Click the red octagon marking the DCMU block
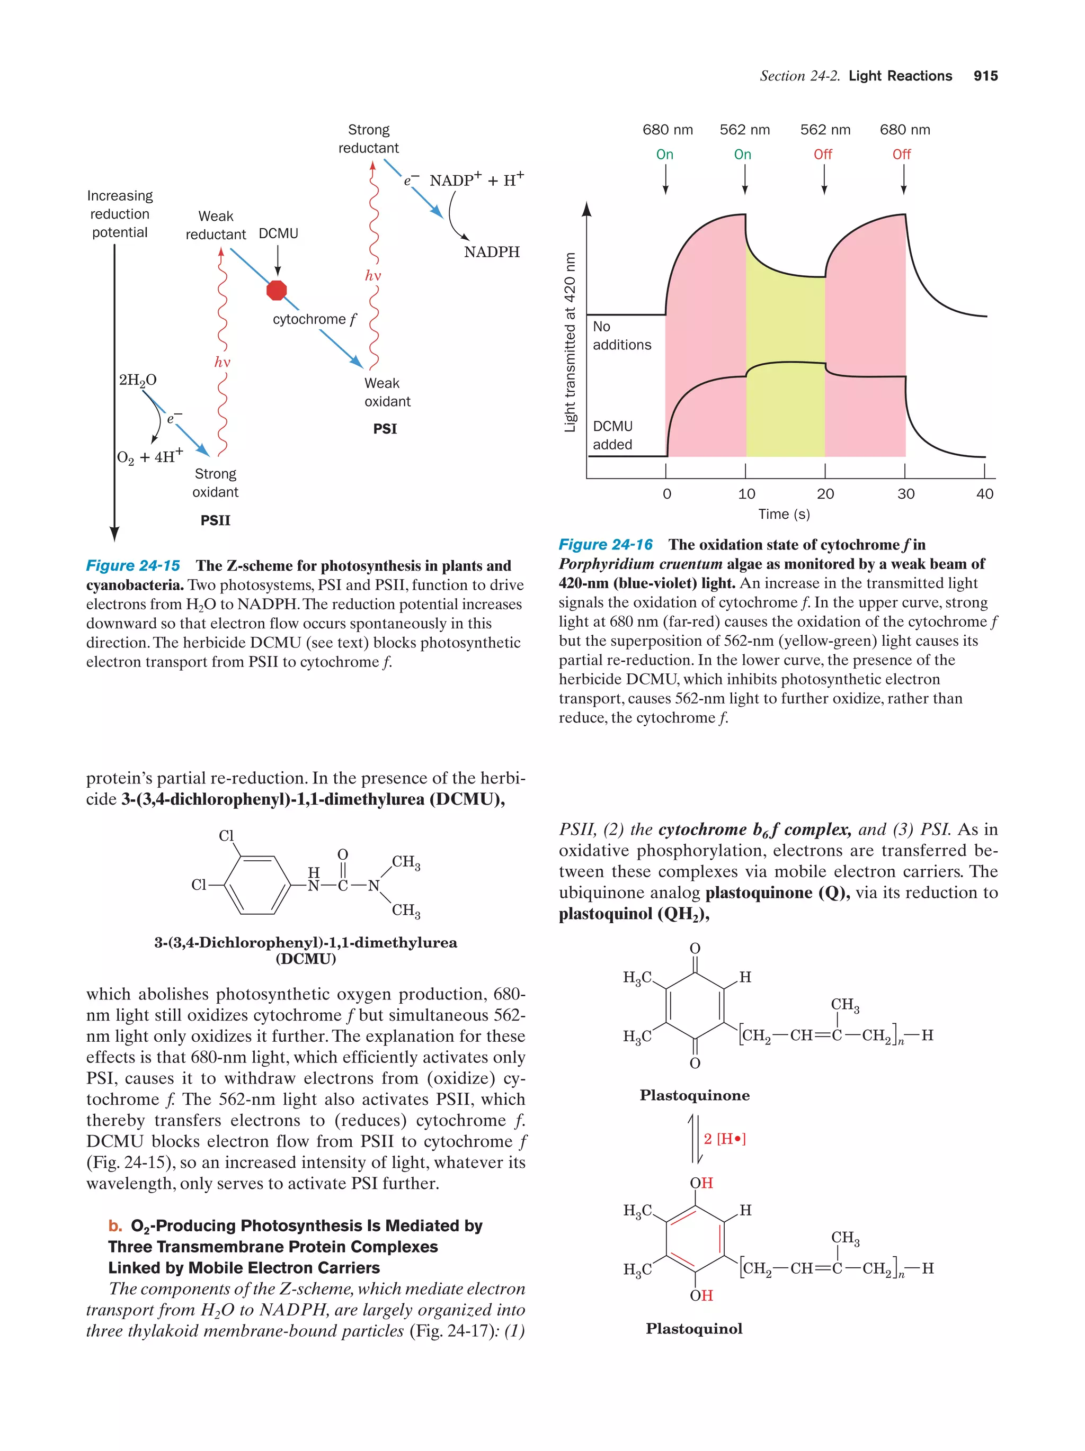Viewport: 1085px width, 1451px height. pos(277,290)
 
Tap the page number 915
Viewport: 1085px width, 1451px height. pos(985,76)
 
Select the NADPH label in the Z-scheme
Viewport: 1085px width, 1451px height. pos(492,252)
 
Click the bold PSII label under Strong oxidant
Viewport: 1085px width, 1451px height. pos(215,520)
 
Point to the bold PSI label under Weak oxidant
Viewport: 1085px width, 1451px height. pos(385,428)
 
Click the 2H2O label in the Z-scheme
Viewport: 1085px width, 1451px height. pos(138,380)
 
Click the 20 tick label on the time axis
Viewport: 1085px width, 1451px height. pos(825,494)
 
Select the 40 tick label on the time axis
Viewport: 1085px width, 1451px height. pos(984,494)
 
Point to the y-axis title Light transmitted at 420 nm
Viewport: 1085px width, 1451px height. pos(570,343)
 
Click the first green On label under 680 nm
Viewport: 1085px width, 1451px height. pos(665,155)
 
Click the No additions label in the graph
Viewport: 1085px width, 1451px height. pos(621,336)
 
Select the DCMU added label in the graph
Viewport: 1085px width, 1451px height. pos(612,435)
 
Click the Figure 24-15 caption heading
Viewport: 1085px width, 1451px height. pos(134,566)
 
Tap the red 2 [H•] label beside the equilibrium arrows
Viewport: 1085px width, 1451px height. pos(725,1139)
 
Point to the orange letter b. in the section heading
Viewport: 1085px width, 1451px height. pos(115,1226)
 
